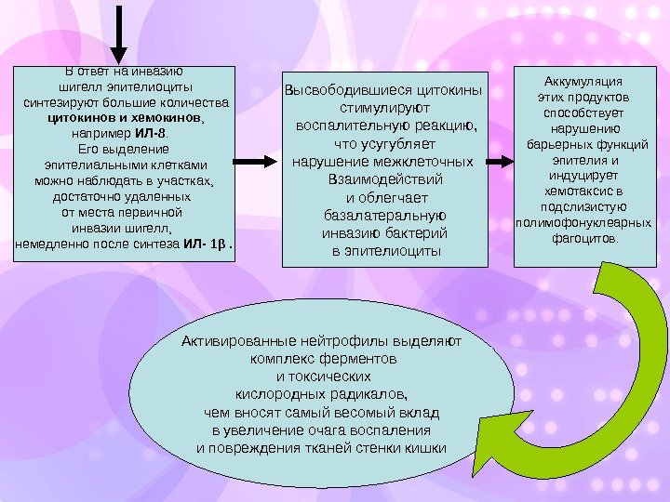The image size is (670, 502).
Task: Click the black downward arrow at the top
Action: [x=120, y=33]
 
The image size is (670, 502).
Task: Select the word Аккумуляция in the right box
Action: [x=584, y=80]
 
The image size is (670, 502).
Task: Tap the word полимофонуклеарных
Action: [x=584, y=224]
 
